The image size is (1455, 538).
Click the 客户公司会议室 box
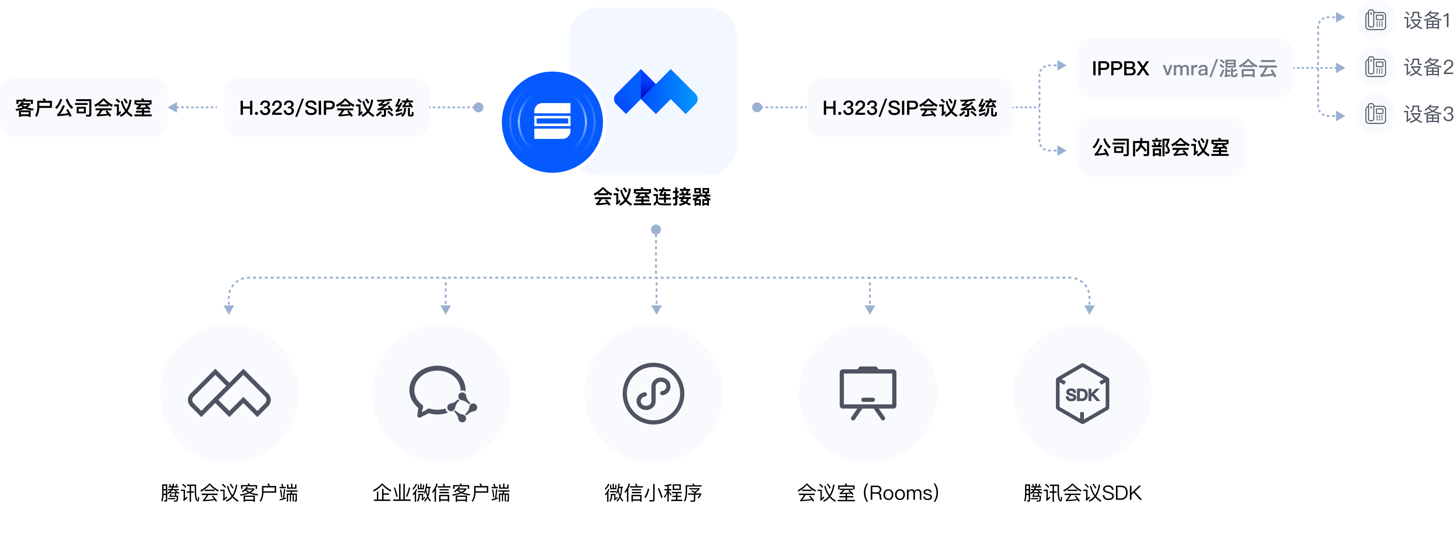coord(83,107)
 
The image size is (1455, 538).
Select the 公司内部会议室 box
coord(1160,147)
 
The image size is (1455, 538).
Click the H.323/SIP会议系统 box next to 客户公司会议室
coord(326,107)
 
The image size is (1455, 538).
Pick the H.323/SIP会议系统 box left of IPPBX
coord(909,107)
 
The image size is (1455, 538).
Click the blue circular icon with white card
coord(552,121)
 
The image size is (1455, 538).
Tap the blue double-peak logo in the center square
coord(655,92)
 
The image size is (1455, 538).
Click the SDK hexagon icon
coord(1082,394)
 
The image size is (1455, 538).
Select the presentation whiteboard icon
coord(868,394)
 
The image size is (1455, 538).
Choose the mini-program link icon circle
coord(654,394)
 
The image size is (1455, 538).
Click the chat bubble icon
coord(441,394)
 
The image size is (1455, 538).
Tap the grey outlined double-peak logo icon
coord(229,394)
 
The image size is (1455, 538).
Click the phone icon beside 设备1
coord(1375,20)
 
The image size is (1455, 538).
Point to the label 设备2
coord(1427,68)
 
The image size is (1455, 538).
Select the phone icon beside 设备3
coord(1375,114)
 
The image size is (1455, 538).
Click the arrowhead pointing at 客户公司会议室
coord(173,107)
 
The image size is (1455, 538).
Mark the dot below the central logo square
coord(656,230)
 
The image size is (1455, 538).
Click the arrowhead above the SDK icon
coord(1090,309)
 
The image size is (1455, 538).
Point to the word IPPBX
coord(1120,68)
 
